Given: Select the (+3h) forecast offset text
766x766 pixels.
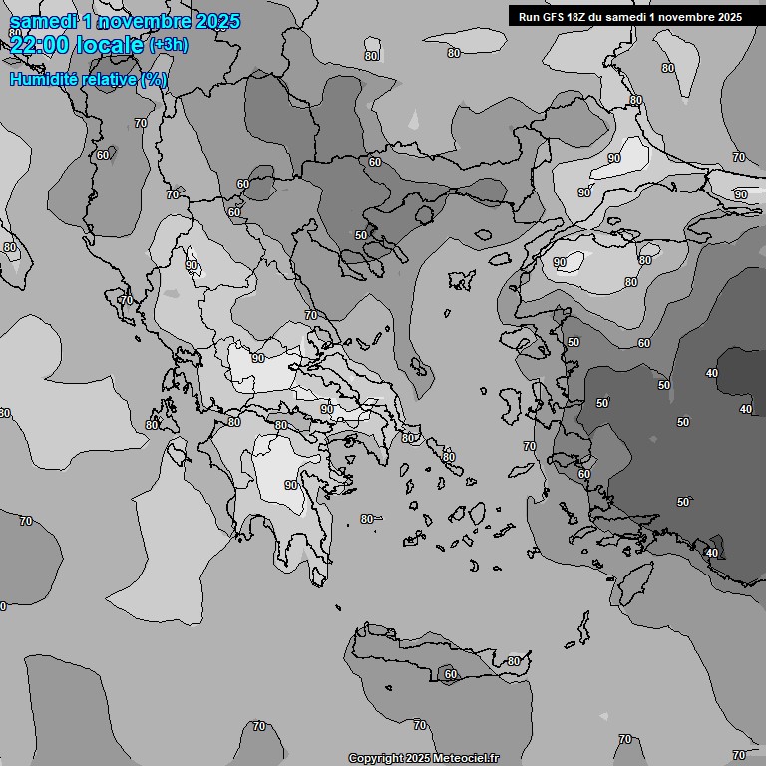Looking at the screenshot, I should click(168, 44).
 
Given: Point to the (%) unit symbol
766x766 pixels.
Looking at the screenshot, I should click(154, 79).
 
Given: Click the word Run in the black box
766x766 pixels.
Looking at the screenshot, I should click(530, 17).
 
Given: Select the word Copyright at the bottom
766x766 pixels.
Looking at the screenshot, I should click(375, 759).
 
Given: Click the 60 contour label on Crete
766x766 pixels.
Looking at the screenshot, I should click(450, 675).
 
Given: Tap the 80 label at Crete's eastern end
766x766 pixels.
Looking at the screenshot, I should click(513, 661).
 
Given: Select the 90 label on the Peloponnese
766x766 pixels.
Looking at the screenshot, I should click(290, 485).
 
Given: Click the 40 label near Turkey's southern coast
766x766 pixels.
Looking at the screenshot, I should click(711, 553).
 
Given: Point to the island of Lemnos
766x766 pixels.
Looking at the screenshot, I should click(460, 281).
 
